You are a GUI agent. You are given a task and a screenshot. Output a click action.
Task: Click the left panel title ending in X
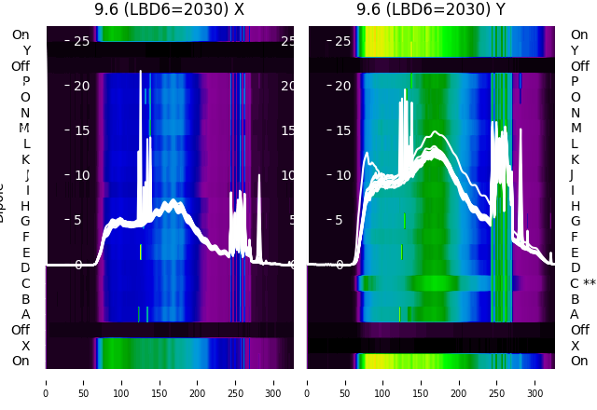(x=169, y=10)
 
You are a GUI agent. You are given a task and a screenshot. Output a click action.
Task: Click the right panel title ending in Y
(x=431, y=10)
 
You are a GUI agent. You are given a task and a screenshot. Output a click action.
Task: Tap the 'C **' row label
(x=583, y=283)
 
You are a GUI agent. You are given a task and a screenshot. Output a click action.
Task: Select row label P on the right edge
(x=576, y=82)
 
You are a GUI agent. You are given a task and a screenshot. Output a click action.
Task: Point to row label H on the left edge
(x=25, y=206)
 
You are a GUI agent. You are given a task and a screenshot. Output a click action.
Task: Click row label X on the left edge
(x=26, y=346)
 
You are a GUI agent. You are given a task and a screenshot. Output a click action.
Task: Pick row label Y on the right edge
(x=576, y=50)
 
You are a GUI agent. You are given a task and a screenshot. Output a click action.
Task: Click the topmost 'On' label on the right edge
(x=579, y=34)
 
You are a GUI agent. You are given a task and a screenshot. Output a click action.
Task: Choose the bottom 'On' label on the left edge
(x=21, y=361)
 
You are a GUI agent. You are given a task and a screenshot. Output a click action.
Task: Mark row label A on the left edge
(x=26, y=314)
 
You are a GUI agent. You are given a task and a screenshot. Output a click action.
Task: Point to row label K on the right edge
(x=576, y=159)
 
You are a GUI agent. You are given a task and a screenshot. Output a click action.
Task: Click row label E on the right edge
(x=576, y=253)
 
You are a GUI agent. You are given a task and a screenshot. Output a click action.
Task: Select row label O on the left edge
(x=25, y=97)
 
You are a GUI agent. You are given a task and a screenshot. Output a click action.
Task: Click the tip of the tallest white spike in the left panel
(x=141, y=71)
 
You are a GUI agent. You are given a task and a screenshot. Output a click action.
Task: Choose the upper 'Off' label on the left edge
(x=21, y=66)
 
